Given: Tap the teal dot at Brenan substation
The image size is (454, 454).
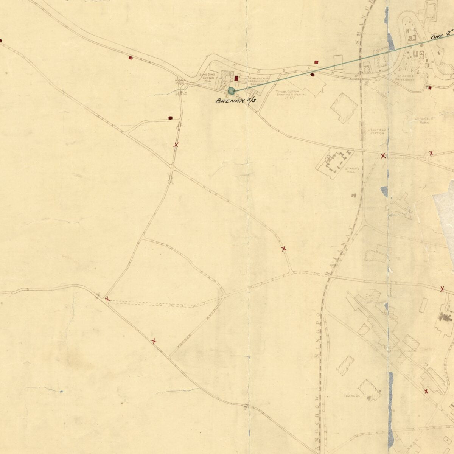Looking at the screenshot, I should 231,90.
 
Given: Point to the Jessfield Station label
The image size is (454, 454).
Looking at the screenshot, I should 377,131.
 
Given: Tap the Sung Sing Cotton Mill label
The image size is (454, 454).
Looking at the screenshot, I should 208,78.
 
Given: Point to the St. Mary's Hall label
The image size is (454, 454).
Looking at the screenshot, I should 351,169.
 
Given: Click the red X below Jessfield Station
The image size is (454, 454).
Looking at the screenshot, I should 383,155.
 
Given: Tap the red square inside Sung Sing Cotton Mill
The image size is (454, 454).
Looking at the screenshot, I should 236,79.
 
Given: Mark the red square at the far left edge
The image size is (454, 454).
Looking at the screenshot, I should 1,40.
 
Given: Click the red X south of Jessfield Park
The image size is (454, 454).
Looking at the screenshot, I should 431,153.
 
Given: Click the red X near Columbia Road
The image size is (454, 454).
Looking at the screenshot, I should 426,391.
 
